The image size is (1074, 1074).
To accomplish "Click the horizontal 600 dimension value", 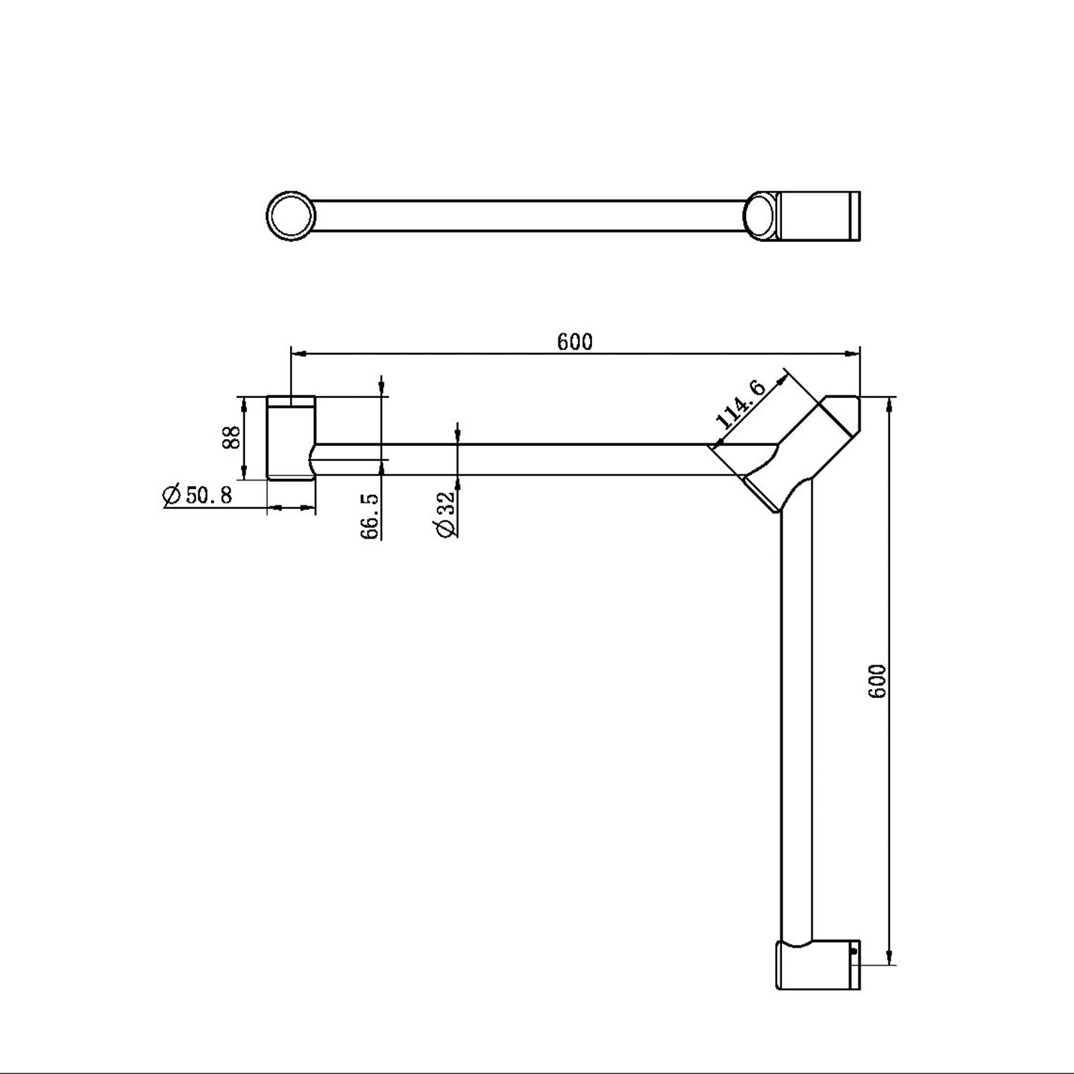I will [575, 342].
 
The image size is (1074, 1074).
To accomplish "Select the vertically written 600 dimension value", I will [878, 681].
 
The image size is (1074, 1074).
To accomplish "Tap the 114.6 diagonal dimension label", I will [740, 405].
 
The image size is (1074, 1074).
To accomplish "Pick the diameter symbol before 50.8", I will [171, 495].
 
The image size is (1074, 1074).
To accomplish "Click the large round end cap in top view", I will [291, 215].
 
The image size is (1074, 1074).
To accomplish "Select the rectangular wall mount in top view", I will [818, 215].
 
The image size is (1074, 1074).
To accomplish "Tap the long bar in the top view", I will [530, 215].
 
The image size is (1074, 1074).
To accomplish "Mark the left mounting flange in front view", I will [290, 438].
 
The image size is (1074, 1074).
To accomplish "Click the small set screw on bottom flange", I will [853, 952].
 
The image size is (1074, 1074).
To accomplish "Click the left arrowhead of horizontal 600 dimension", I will [298, 353].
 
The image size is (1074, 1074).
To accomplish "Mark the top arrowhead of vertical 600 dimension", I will [890, 404].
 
